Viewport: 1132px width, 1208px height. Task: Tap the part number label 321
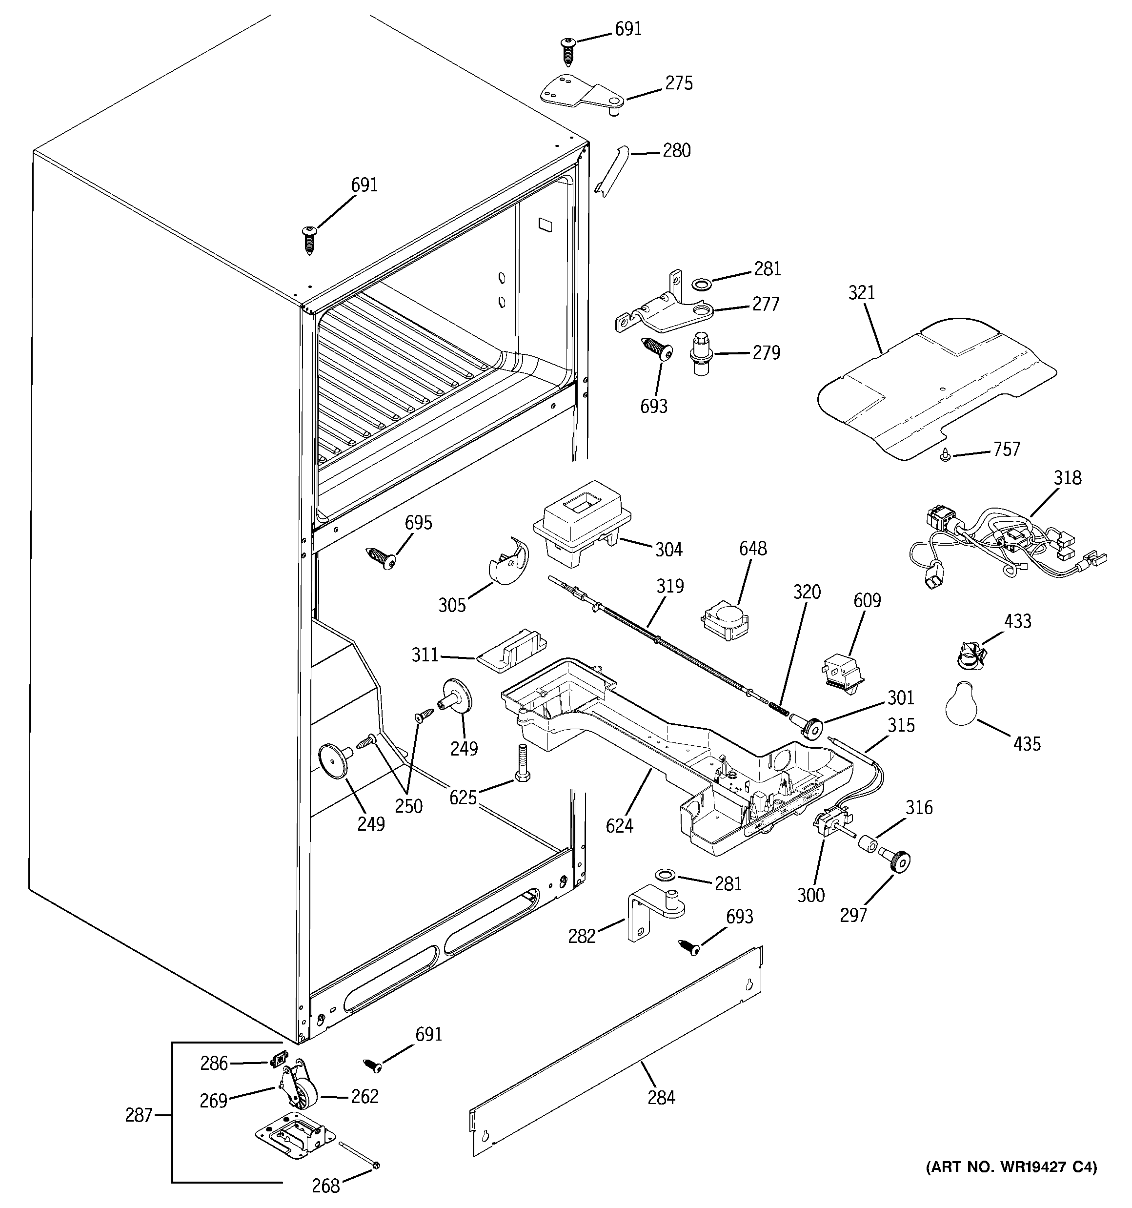[861, 293]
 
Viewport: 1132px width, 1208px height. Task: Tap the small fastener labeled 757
[946, 455]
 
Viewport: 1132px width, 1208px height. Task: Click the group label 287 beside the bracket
[138, 1116]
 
